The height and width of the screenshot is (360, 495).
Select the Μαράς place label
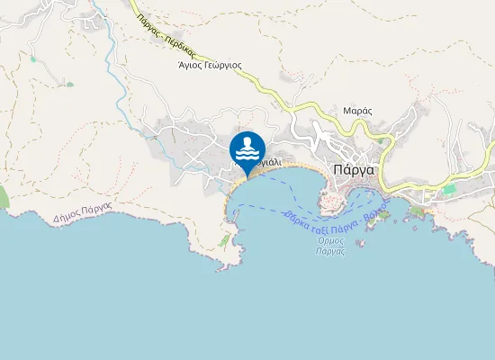pyautogui.click(x=357, y=111)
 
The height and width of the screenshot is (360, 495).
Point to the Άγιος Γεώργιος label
pyautogui.click(x=210, y=65)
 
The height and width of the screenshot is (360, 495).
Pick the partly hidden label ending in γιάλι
pyautogui.click(x=271, y=164)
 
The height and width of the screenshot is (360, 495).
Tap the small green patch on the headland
pyautogui.click(x=223, y=241)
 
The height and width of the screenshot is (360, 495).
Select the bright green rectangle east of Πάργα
pyautogui.click(x=449, y=190)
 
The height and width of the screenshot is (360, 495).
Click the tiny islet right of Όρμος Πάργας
pyautogui.click(x=362, y=244)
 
